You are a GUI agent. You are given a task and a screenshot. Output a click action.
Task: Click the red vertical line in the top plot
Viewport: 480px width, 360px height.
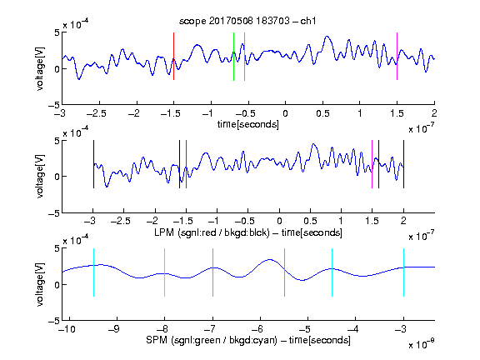(173, 57)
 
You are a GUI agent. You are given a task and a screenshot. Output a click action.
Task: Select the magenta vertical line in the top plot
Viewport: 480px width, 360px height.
(397, 57)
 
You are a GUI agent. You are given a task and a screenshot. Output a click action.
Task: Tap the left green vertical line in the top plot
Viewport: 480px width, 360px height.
(233, 57)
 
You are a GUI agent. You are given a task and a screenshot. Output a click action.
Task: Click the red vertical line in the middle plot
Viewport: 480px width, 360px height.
(186, 164)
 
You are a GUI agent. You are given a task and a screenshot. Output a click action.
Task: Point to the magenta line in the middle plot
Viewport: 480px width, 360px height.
(372, 164)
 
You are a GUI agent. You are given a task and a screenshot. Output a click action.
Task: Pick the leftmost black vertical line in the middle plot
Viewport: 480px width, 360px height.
(93, 164)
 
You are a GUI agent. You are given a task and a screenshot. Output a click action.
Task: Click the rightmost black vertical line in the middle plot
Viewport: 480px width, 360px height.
(404, 164)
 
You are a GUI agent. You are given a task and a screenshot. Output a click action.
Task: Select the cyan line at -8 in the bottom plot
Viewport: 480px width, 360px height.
(165, 272)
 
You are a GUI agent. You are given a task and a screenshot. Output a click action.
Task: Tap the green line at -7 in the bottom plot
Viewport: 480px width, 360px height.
(212, 272)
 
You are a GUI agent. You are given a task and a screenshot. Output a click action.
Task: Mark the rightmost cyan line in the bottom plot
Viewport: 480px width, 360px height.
(404, 272)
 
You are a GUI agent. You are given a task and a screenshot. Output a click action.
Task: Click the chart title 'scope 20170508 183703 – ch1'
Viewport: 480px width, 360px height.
(247, 21)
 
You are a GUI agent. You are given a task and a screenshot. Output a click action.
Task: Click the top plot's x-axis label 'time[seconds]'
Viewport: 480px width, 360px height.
(248, 124)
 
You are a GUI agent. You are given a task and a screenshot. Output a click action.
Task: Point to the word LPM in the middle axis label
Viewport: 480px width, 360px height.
(164, 232)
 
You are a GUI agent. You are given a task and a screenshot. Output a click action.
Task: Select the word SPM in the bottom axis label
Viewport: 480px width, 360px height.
(157, 340)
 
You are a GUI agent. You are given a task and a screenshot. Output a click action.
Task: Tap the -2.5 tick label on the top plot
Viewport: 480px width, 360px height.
(97, 113)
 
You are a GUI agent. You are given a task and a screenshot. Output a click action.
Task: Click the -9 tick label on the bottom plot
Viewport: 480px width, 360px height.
(114, 329)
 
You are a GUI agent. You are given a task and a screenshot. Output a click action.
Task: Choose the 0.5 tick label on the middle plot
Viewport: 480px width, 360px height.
(310, 221)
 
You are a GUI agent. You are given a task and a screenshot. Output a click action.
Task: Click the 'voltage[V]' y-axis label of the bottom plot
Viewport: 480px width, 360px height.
(40, 284)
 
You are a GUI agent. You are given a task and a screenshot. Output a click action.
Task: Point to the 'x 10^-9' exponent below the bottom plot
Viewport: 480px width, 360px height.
(421, 344)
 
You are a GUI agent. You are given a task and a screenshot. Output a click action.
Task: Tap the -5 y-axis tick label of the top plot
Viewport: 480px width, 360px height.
(54, 105)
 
